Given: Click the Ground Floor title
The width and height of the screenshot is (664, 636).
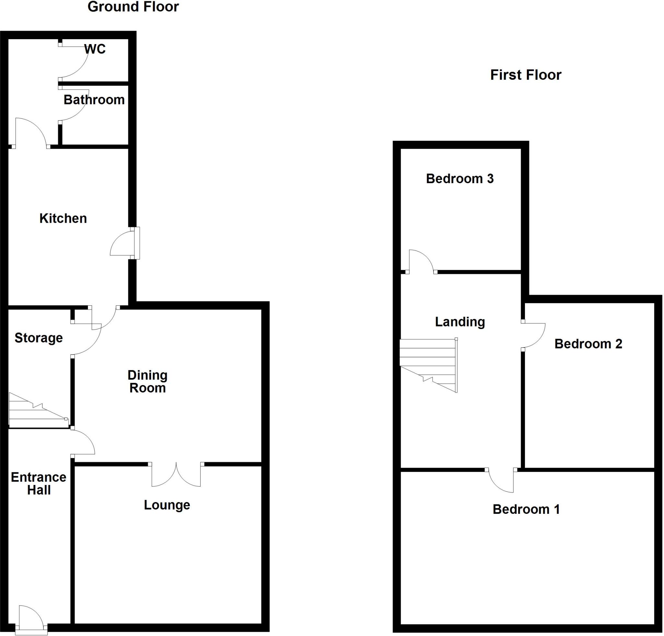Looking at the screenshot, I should click(x=133, y=7).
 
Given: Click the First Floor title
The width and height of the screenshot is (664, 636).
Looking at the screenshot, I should click(x=526, y=75).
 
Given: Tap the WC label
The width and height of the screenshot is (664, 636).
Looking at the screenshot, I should click(x=95, y=49).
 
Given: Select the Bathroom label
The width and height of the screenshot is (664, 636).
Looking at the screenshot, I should click(x=94, y=100).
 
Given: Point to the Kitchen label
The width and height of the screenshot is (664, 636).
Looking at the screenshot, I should click(x=63, y=218).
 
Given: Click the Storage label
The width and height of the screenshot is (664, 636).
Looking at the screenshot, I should click(x=39, y=338).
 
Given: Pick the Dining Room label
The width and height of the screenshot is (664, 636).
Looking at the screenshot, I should click(x=148, y=381).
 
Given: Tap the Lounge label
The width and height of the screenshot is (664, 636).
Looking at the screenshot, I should click(x=167, y=505).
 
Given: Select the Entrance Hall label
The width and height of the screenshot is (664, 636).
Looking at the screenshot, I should click(x=39, y=484).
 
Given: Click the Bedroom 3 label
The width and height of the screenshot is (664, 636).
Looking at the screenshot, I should click(x=459, y=179).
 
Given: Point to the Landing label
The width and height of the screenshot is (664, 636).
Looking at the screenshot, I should click(x=460, y=322).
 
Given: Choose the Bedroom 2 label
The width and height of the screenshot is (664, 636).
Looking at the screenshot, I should click(x=588, y=344).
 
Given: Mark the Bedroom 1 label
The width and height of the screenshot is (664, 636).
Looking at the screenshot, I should click(x=526, y=509).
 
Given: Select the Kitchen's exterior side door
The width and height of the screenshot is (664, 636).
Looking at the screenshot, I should click(x=125, y=243).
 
